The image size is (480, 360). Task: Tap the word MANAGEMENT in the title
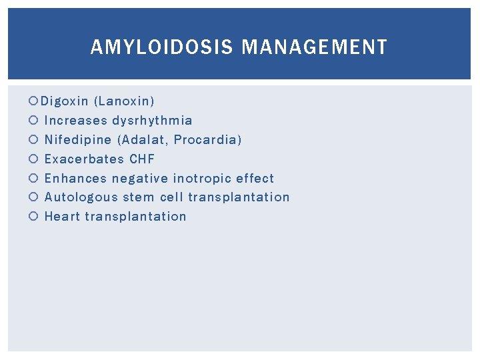314,47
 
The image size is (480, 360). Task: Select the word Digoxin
65,101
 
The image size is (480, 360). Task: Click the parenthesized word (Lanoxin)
124,101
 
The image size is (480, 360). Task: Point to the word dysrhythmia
152,121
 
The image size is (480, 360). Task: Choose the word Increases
75,121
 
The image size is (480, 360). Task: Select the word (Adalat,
143,140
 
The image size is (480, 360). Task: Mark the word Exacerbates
84,159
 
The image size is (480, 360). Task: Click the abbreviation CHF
142,159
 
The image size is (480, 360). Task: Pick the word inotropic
200,179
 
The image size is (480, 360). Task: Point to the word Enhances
75,179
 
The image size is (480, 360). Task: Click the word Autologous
81,197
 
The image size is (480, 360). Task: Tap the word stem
139,197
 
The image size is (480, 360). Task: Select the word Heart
62,217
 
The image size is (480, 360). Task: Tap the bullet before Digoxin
34,101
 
